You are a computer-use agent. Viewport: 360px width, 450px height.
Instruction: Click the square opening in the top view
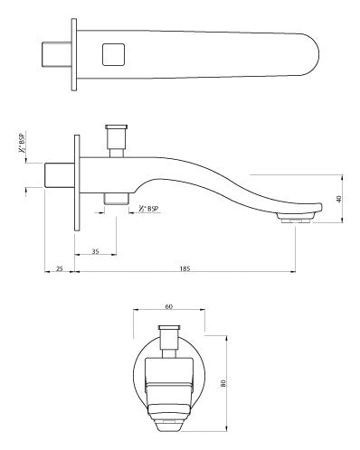(113, 55)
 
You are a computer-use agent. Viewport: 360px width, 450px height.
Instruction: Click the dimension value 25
(59, 269)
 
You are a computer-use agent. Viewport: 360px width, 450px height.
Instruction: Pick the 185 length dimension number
(186, 269)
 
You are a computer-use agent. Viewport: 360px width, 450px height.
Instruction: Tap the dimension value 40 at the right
(338, 199)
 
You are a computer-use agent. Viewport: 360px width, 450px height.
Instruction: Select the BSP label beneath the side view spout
(150, 209)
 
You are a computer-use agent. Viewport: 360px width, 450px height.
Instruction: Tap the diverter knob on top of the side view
(115, 139)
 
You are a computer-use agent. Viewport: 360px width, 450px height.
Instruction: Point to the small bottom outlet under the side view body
(115, 197)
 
